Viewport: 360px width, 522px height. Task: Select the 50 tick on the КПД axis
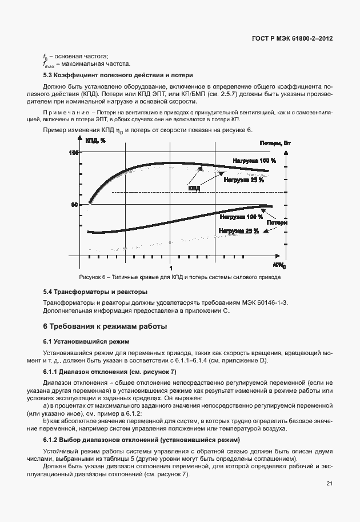pyautogui.click(x=74, y=205)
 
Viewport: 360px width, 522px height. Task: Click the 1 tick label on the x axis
pyautogui.click(x=170, y=268)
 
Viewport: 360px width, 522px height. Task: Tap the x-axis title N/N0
pyautogui.click(x=278, y=266)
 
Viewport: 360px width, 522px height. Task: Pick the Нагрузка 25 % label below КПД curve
pyautogui.click(x=243, y=180)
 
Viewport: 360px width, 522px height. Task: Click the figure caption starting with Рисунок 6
pyautogui.click(x=179, y=277)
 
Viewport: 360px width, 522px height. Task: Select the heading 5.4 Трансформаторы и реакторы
pyautogui.click(x=95, y=292)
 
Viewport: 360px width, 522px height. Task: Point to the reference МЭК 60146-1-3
pyautogui.click(x=267, y=301)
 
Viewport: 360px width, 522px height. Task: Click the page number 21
pyautogui.click(x=329, y=484)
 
